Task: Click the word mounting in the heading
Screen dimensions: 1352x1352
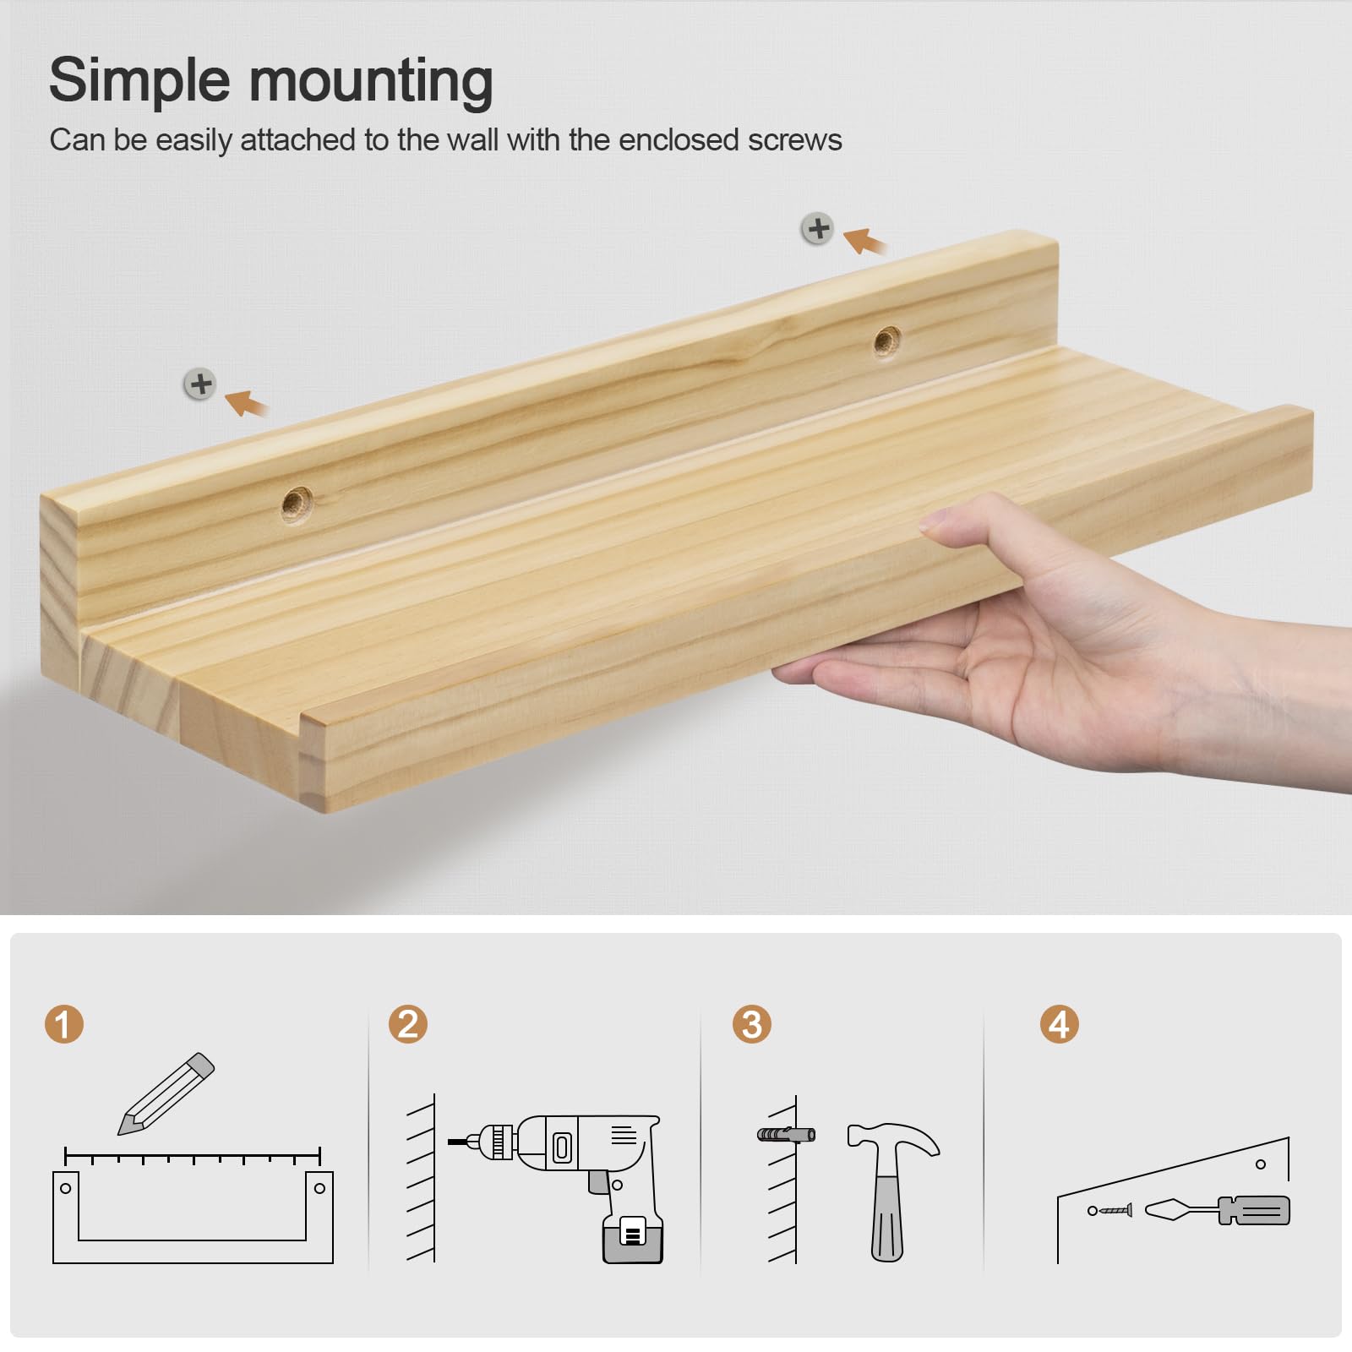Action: pos(371,82)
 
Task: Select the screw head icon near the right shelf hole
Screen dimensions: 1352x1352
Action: pos(818,228)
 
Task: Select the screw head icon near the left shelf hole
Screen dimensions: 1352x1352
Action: pos(200,384)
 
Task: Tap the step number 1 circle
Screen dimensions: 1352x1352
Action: pos(64,1024)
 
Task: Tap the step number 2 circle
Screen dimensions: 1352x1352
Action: pos(408,1024)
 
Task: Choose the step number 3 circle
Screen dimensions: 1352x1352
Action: pos(752,1024)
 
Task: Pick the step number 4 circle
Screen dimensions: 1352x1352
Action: pos(1060,1024)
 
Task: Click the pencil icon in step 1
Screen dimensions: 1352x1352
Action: pos(166,1093)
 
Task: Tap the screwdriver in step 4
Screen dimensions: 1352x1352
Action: pos(1217,1210)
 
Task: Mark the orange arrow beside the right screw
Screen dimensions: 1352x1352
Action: pos(865,241)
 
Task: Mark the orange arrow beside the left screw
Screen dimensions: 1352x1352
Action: pos(247,402)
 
